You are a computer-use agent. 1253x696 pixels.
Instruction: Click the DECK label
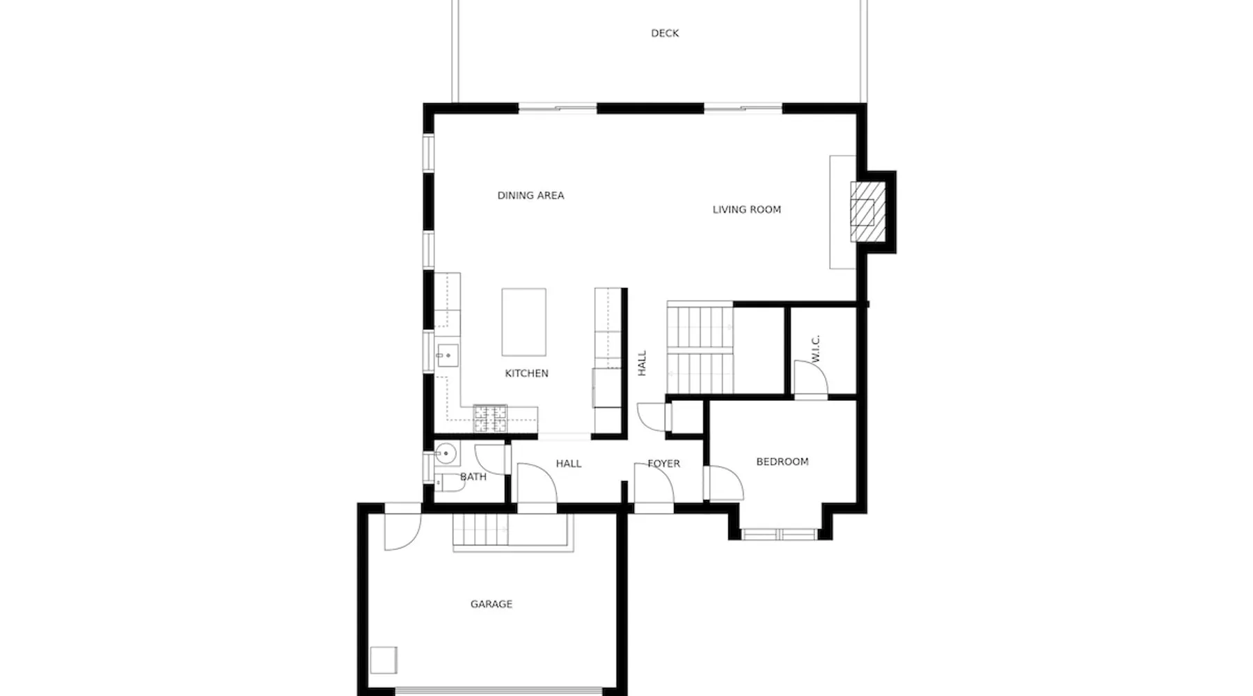(665, 33)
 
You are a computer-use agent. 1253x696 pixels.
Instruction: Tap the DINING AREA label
(530, 196)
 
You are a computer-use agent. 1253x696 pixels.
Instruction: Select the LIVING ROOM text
(747, 209)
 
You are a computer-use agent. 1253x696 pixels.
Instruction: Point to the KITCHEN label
(526, 374)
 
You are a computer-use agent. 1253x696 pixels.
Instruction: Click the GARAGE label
(491, 604)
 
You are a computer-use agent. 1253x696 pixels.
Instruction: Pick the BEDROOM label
(782, 461)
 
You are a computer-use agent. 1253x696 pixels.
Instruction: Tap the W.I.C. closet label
(817, 348)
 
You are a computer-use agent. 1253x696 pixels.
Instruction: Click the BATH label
(473, 477)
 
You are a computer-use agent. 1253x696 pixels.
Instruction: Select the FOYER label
(664, 464)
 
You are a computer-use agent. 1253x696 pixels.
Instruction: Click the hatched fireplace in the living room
(868, 212)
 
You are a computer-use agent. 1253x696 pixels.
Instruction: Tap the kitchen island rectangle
(523, 322)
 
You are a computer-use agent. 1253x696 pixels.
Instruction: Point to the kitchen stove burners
(491, 418)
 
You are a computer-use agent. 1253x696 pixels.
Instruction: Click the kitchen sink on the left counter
(448, 355)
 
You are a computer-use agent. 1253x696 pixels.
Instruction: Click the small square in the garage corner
(384, 660)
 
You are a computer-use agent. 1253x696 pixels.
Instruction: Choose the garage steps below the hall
(480, 531)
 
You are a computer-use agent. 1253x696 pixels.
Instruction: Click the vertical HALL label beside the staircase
(642, 363)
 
